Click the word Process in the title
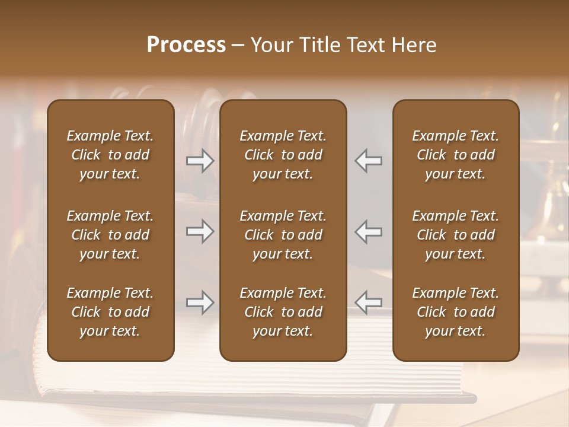(186, 45)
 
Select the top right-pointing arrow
(200, 161)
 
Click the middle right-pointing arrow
(200, 231)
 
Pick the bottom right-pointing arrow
(200, 302)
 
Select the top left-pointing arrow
(368, 161)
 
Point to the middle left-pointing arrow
(368, 231)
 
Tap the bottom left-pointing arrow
(368, 302)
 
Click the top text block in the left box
(110, 155)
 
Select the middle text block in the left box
(110, 235)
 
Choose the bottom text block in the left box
(110, 312)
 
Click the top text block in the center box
(283, 155)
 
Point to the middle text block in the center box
(283, 235)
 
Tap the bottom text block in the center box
(283, 312)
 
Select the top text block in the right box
(456, 155)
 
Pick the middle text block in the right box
(456, 235)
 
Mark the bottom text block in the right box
(456, 312)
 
